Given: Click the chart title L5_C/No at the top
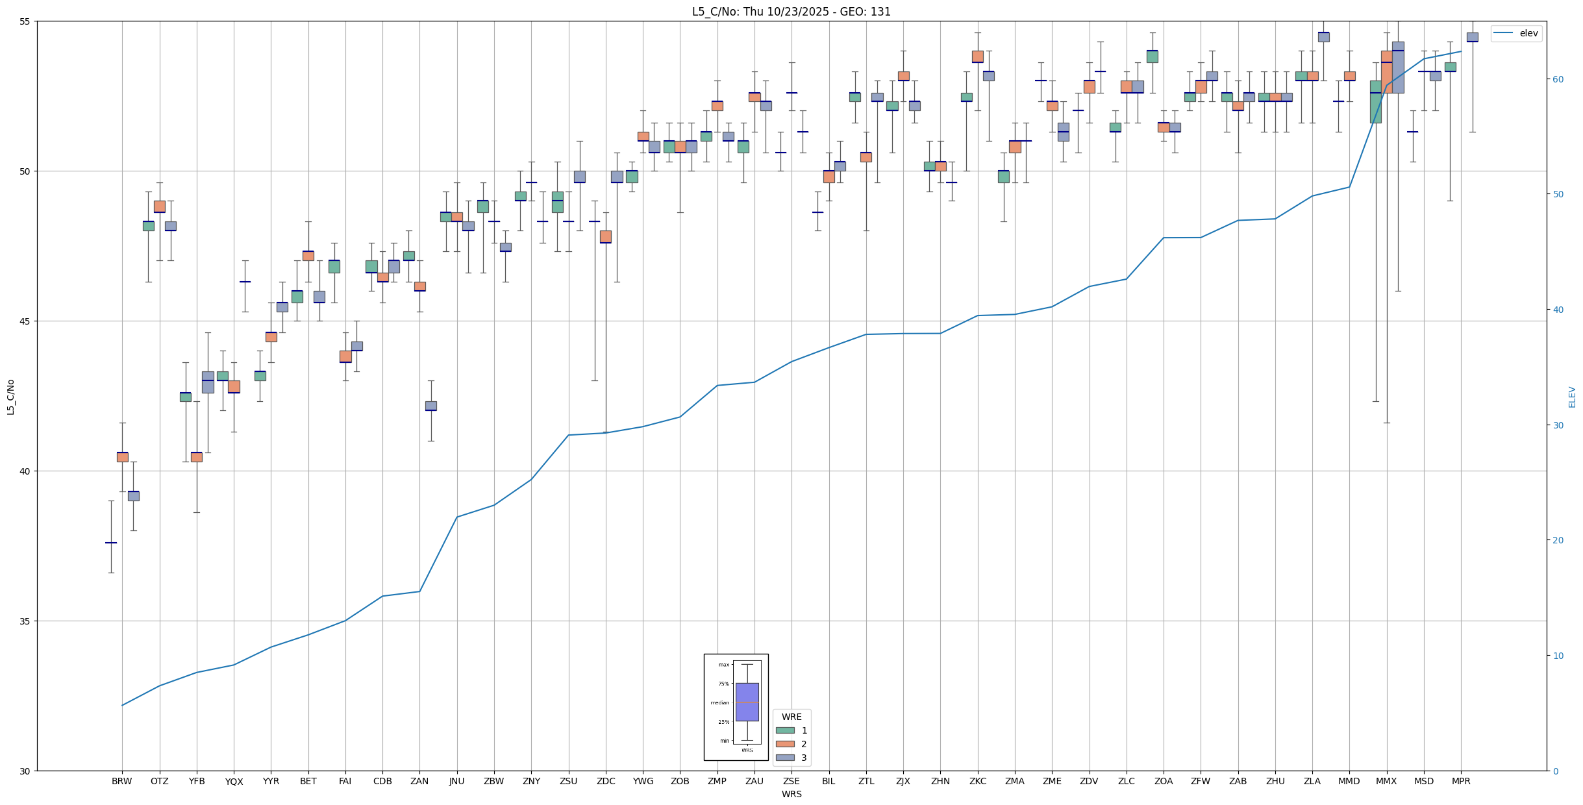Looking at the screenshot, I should [791, 12].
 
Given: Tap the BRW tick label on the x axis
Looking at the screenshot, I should [122, 781].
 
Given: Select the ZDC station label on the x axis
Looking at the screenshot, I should [606, 781].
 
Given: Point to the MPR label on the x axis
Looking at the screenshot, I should [1461, 781].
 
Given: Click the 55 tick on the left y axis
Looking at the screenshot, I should [26, 21].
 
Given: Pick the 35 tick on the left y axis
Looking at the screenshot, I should [26, 621].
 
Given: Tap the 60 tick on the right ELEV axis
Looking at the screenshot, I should [1556, 79].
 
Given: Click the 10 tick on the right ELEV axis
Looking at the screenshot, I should [1556, 656].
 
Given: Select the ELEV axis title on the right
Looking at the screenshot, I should [1572, 397].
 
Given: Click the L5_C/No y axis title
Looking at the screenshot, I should [10, 397].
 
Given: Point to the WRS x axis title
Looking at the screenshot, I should [791, 794].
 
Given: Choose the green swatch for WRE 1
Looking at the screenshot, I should [785, 730].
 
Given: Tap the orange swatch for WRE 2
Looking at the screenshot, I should [785, 744].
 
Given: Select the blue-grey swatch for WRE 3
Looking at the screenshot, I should [785, 758].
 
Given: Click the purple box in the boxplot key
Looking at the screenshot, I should [747, 702].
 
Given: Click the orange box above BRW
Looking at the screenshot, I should [122, 457].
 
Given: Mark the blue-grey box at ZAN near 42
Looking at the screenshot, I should [431, 406].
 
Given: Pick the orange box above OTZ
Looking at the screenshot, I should [160, 206].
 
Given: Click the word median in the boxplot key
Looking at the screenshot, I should [720, 702].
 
